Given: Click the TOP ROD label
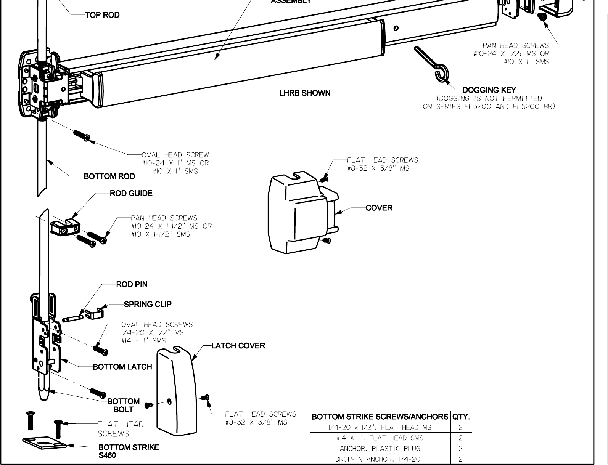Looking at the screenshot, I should click(x=102, y=15).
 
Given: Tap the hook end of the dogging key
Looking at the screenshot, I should click(x=442, y=74).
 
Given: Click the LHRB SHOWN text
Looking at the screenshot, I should click(x=305, y=93).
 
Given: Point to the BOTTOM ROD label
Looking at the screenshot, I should click(x=109, y=176).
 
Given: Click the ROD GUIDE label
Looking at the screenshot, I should click(x=131, y=194).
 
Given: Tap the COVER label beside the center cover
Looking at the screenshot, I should click(x=379, y=208).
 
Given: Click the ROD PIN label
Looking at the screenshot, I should click(x=132, y=285).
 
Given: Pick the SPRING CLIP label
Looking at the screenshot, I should click(x=148, y=305).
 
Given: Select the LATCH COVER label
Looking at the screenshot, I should click(x=238, y=346).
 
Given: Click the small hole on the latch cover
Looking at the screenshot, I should click(x=170, y=402).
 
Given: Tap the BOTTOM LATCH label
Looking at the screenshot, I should click(x=122, y=367).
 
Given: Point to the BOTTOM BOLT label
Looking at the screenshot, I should click(x=123, y=406).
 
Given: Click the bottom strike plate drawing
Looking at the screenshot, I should click(x=44, y=443).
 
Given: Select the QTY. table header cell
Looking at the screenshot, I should click(x=461, y=417).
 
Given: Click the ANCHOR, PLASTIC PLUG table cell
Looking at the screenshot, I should click(x=380, y=449).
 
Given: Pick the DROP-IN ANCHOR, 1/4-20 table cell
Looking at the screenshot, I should click(x=380, y=459).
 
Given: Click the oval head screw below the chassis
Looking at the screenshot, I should click(x=81, y=135).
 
